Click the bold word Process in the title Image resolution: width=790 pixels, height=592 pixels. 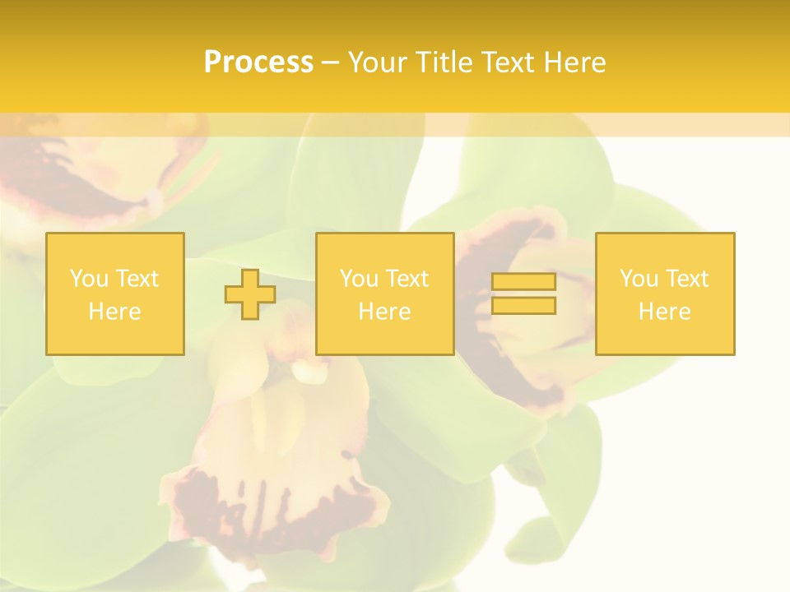[258, 62]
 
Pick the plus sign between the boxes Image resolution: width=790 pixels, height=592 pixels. [250, 294]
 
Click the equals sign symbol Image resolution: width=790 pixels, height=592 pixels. [523, 294]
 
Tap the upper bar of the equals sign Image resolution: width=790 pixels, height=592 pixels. [523, 282]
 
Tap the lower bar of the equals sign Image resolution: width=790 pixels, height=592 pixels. [523, 306]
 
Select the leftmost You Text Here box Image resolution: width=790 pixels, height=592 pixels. [115, 294]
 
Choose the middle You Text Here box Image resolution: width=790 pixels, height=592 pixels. [384, 294]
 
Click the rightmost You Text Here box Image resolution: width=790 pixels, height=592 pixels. [665, 294]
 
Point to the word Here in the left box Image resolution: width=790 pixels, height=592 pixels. [115, 312]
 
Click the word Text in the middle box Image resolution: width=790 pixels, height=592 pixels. [407, 279]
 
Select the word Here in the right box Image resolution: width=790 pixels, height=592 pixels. [665, 312]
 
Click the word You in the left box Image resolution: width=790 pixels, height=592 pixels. [89, 279]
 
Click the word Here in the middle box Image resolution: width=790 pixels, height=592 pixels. [384, 312]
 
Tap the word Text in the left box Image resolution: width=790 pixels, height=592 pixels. [137, 279]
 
